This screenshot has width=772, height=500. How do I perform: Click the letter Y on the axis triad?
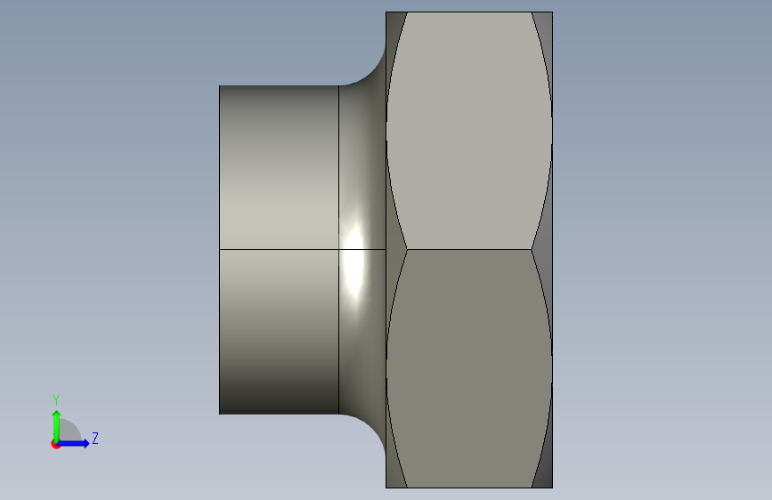56,399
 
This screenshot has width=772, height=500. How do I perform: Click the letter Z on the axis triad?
94,439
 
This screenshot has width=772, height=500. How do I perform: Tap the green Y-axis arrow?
56,423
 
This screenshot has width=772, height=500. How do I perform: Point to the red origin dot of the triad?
56,443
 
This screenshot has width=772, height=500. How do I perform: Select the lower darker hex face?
467,365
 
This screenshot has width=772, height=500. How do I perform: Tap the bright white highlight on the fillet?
353,262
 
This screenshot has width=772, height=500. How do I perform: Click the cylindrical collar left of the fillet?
279,178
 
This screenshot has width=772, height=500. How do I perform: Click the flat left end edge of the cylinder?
220,249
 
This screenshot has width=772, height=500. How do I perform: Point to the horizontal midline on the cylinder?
279,250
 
